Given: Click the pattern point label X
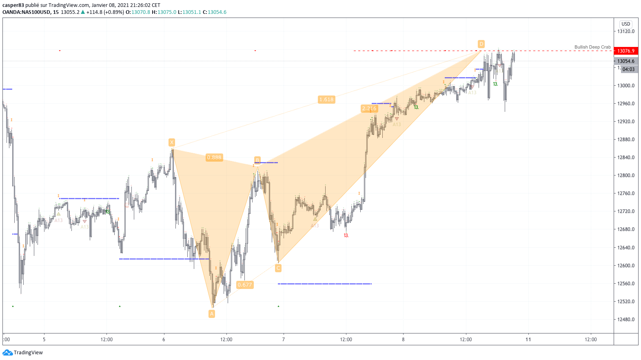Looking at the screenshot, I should point(172,142).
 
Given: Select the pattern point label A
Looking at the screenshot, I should point(212,313).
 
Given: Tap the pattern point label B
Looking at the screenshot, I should point(257,160).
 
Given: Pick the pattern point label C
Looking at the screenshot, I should point(278,268).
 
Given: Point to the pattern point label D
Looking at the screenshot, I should point(481,44).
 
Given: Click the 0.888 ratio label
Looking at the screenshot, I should point(214,158).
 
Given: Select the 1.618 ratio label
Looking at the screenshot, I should point(326,100).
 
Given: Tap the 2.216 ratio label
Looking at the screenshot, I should point(369,109).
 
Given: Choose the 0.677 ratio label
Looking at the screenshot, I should point(245,285).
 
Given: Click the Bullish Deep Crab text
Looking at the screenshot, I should point(592,47).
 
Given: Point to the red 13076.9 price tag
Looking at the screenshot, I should point(626,51).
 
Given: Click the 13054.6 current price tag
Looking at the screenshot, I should point(626,61).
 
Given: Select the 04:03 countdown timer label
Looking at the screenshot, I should point(628,69).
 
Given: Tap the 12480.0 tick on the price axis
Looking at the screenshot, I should point(626,320).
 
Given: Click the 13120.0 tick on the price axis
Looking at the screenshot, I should point(626,31).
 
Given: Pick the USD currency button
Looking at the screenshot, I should point(626,24).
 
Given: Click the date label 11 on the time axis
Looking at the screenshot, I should point(528,340).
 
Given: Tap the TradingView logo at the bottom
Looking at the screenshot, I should point(23,353).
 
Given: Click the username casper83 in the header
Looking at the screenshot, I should point(13,5).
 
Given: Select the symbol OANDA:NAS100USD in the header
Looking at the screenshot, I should point(26,12).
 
